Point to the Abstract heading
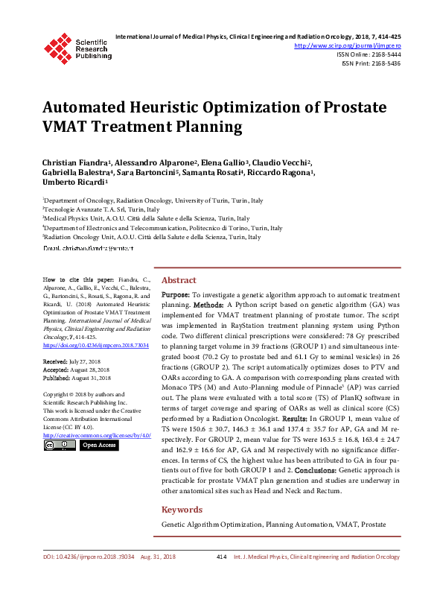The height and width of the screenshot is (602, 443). [x=179, y=280]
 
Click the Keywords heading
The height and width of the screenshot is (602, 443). [x=182, y=510]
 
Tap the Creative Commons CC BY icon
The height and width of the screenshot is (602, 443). [x=60, y=445]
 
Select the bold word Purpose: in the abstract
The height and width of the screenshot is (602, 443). [x=176, y=296]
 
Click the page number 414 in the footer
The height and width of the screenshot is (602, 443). [x=221, y=577]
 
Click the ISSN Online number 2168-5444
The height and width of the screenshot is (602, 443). [x=383, y=54]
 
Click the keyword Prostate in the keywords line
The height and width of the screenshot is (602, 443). [x=373, y=525]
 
